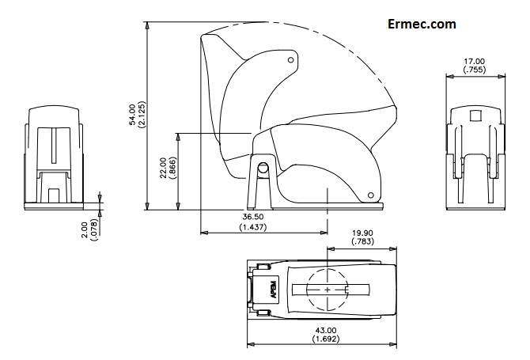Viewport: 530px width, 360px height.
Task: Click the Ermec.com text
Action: click(x=422, y=24)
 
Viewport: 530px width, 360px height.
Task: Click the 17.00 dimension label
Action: click(x=475, y=61)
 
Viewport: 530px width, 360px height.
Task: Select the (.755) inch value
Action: click(x=475, y=70)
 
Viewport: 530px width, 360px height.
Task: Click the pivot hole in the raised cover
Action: click(x=291, y=59)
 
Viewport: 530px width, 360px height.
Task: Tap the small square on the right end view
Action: click(x=475, y=116)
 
